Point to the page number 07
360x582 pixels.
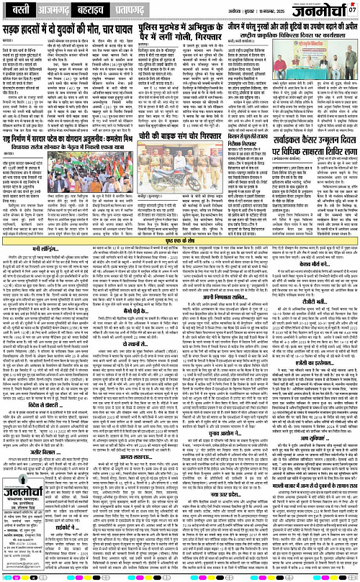click(351, 9)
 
